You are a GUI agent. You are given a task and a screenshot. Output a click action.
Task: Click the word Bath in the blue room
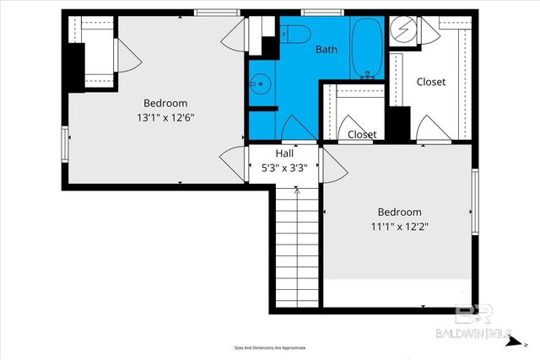327,50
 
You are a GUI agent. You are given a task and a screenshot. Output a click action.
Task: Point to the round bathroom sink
259,83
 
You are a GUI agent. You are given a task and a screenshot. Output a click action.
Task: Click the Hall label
284,154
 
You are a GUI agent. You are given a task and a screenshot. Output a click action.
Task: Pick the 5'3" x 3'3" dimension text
284,167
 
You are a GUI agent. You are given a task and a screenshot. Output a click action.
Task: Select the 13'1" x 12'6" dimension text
165,117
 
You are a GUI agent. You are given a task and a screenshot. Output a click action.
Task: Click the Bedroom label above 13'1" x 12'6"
165,104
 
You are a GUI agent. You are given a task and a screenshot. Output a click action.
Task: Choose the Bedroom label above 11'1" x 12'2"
400,212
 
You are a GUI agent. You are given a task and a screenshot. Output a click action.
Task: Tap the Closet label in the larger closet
431,82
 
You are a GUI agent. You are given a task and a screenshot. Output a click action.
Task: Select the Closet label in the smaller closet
362,134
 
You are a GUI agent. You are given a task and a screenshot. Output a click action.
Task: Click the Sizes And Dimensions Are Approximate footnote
270,347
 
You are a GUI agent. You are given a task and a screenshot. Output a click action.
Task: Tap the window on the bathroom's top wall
316,12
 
